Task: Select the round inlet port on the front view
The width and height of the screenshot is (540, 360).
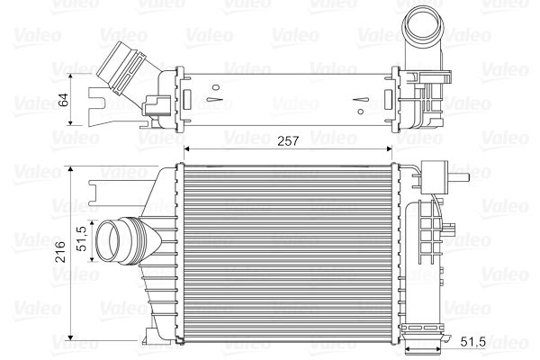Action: [x=114, y=243]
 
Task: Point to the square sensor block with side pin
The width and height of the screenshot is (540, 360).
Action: [x=440, y=173]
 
